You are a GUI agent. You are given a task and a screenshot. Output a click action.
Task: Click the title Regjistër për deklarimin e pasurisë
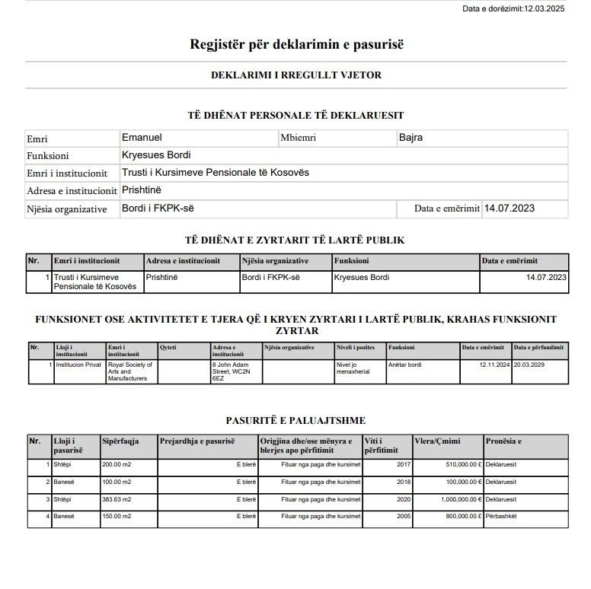[296, 43]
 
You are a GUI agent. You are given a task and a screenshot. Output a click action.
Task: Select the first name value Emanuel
[142, 138]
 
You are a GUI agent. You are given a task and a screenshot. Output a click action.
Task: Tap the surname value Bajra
[411, 138]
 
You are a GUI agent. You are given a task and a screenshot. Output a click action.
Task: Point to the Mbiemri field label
[298, 138]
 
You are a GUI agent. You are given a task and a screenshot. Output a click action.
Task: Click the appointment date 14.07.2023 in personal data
[514, 208]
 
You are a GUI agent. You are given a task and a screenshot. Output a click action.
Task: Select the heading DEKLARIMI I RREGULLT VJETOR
[296, 75]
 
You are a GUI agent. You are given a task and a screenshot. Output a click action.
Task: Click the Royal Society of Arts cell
[130, 371]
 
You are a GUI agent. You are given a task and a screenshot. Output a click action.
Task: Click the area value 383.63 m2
[117, 499]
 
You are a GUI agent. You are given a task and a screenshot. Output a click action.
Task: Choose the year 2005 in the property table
[403, 517]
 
